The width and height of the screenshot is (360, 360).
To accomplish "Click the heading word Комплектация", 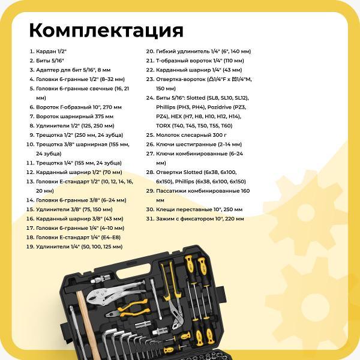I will [x=106, y=29].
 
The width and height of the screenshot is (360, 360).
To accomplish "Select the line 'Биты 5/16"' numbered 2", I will [x=50, y=61].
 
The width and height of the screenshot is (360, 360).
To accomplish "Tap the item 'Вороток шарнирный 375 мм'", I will [x=74, y=116].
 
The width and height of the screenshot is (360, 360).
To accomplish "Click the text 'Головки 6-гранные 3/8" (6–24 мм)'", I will [x=81, y=200].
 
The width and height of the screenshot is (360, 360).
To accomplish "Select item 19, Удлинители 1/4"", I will [x=79, y=247].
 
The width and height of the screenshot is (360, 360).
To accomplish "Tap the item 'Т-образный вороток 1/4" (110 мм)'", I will [x=199, y=61].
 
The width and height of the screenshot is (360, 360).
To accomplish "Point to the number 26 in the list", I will [x=150, y=144].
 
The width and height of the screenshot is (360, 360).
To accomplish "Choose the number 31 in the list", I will [x=150, y=218].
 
